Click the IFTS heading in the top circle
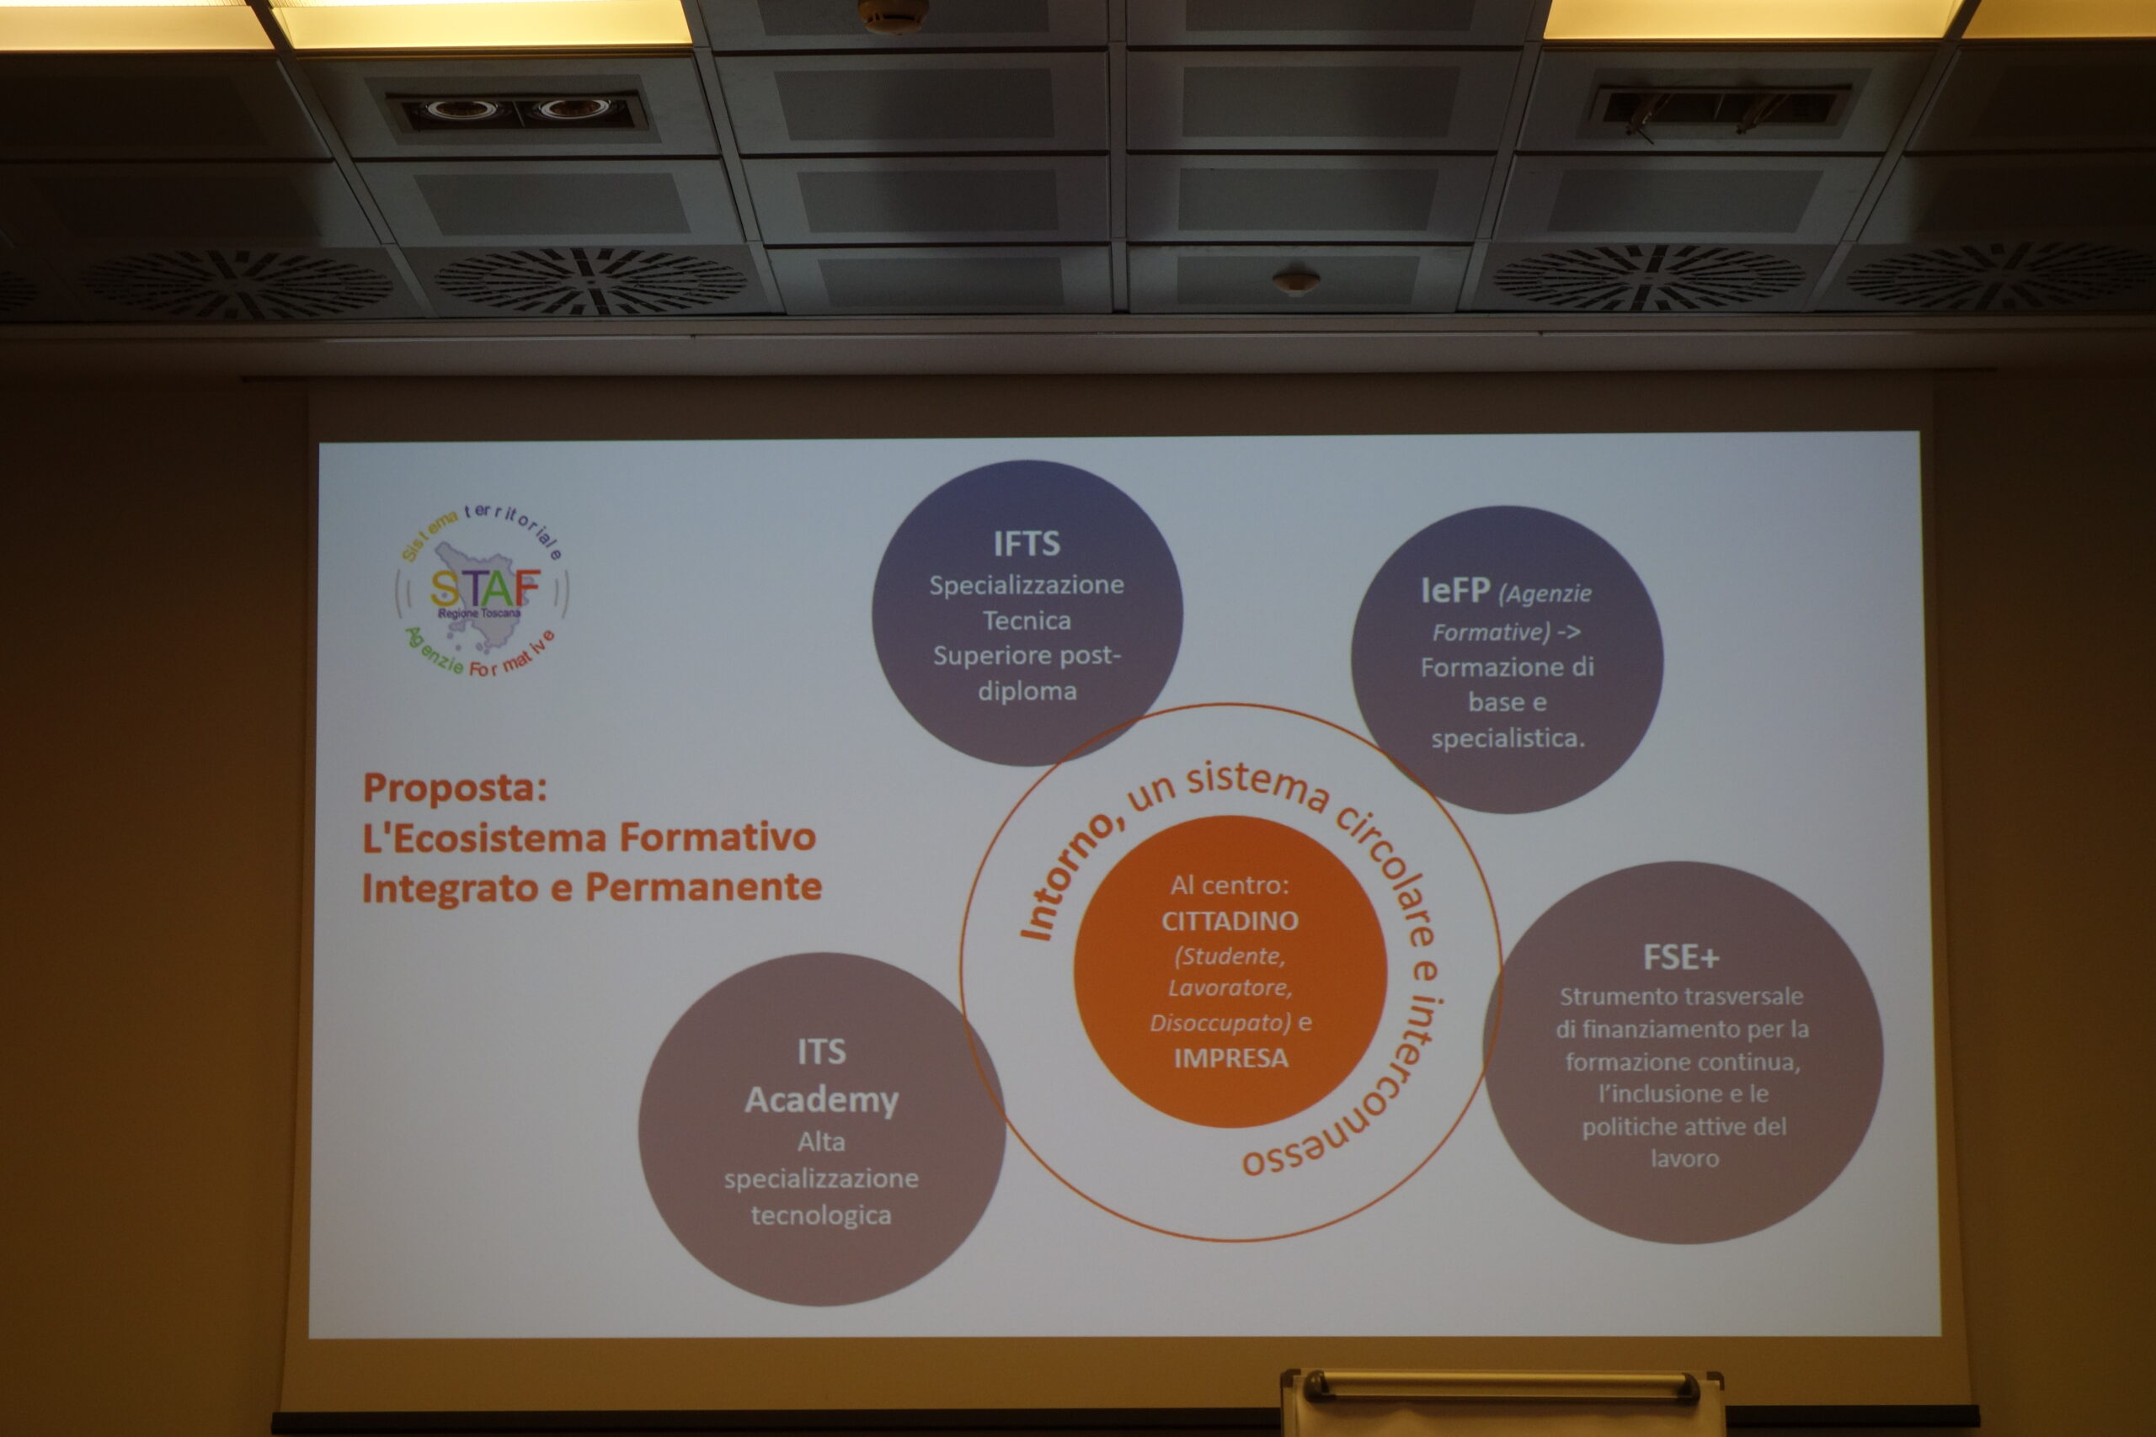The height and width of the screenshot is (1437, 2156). [x=1027, y=545]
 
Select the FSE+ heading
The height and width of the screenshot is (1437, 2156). [x=1681, y=958]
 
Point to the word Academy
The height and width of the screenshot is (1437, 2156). [x=821, y=1099]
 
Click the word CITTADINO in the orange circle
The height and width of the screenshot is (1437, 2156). [x=1230, y=921]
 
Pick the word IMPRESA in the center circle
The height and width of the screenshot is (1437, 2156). [x=1231, y=1058]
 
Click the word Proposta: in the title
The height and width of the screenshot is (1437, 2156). [x=455, y=788]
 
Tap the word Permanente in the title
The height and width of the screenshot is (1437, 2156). [x=703, y=887]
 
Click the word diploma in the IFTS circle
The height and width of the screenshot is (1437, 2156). [x=1027, y=691]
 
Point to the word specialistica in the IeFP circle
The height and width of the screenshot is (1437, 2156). [x=1508, y=737]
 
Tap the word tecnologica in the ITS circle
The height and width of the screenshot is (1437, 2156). [x=821, y=1216]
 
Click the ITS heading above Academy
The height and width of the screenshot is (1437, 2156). [x=821, y=1052]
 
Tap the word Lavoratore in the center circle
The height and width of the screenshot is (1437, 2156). [x=1230, y=988]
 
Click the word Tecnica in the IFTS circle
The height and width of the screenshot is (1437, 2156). [x=1027, y=621]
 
